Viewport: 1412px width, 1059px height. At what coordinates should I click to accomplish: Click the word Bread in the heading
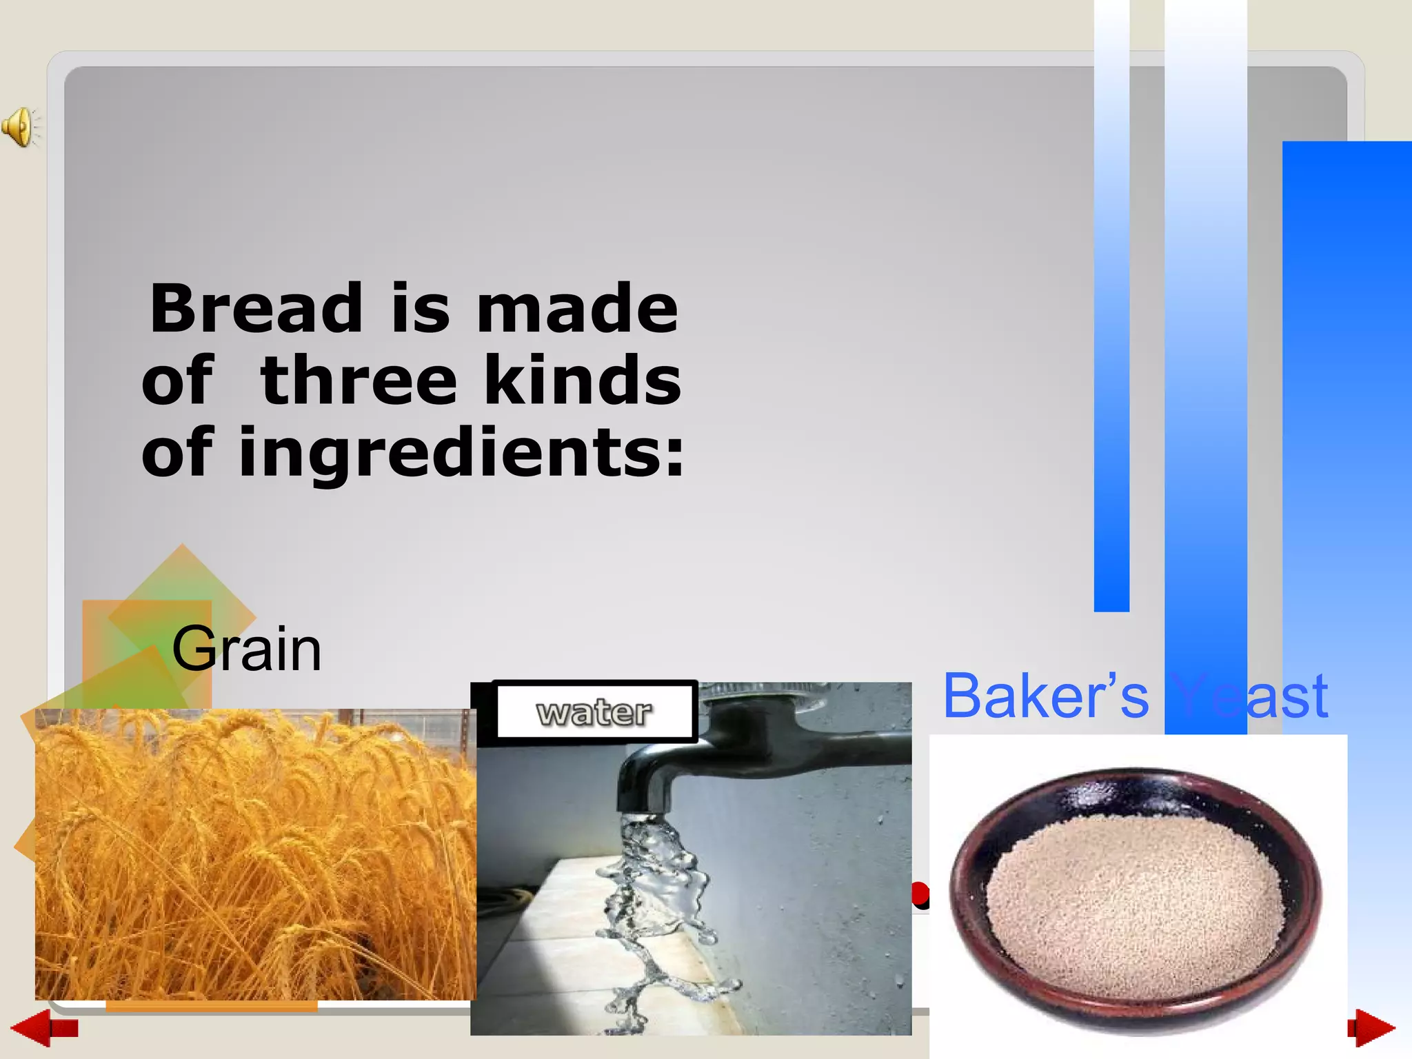(x=256, y=308)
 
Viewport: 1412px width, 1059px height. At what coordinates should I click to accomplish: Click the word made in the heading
(x=577, y=308)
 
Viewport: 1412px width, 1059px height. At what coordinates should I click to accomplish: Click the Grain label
(x=246, y=649)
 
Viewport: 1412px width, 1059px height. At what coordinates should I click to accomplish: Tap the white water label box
(x=594, y=712)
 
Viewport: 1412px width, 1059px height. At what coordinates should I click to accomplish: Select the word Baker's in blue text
(x=1045, y=696)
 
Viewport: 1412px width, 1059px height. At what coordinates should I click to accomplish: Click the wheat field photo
(x=255, y=855)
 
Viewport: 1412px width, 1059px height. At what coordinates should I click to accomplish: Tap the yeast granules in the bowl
(x=1134, y=903)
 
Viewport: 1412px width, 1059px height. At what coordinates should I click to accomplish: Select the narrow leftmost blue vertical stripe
(x=1111, y=310)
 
